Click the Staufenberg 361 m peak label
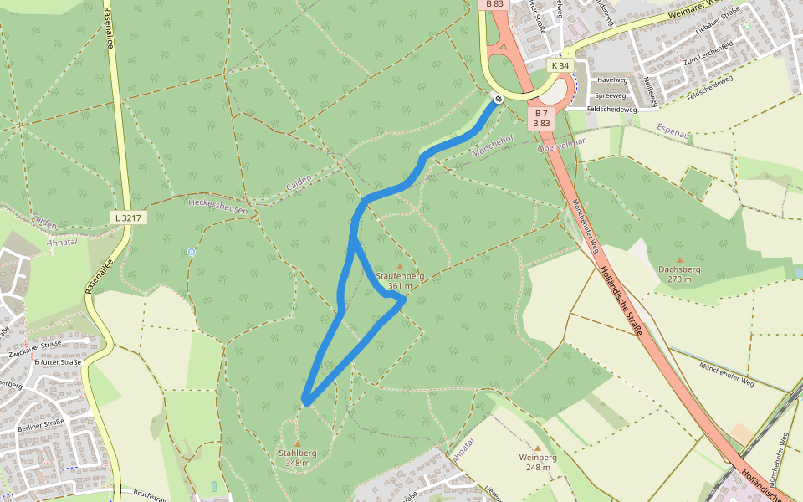tap(400, 280)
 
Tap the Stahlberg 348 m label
tap(297, 457)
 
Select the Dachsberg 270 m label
tap(679, 274)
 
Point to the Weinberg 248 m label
tap(538, 462)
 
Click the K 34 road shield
tap(560, 65)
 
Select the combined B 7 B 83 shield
tap(541, 118)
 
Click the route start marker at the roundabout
tap(498, 100)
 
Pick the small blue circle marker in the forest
tap(192, 251)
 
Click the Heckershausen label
tap(218, 206)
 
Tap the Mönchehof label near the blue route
tap(491, 148)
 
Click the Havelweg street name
tap(610, 80)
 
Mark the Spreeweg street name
tap(610, 95)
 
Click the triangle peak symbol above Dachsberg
tap(679, 260)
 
